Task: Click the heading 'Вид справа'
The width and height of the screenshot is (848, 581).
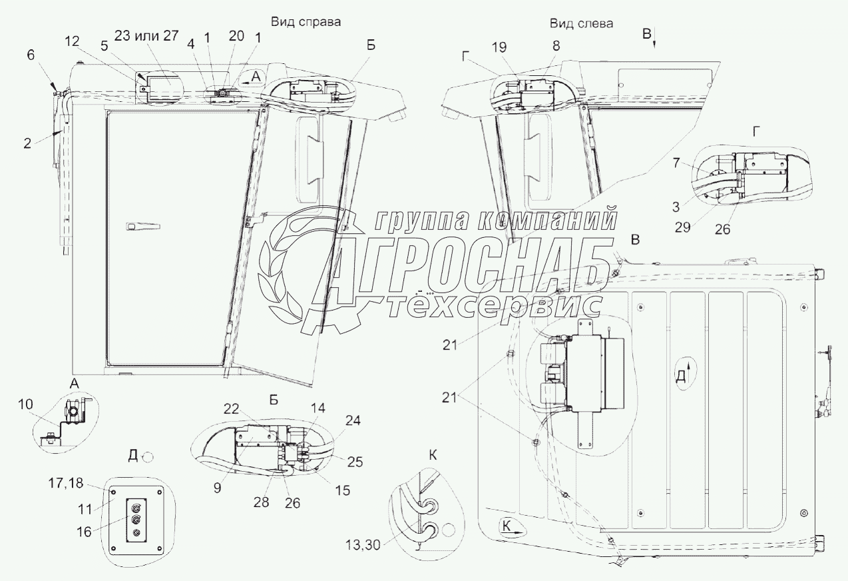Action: [306, 22]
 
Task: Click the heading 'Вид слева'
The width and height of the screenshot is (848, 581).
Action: [582, 23]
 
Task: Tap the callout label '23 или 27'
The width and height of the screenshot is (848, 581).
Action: [146, 35]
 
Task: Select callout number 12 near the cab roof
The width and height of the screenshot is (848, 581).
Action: [72, 41]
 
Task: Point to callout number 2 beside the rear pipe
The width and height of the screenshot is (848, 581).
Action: [27, 144]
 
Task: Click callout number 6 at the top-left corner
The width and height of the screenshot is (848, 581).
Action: [31, 55]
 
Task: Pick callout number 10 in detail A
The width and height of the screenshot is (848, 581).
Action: [25, 404]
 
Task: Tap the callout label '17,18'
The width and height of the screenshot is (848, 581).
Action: [65, 483]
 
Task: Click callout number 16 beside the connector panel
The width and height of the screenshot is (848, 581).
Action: [84, 532]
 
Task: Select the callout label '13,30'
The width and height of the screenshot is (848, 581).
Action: [363, 545]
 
